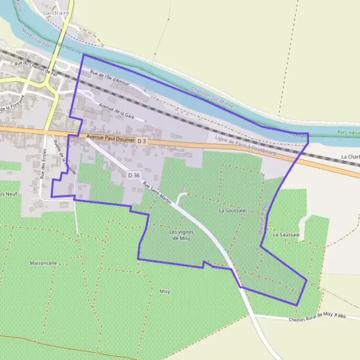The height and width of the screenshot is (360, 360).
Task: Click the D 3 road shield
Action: pyautogui.click(x=142, y=140)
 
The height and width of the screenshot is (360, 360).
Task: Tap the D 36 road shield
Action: pyautogui.click(x=134, y=175)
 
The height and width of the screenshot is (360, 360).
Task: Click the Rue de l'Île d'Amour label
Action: pyautogui.click(x=110, y=79)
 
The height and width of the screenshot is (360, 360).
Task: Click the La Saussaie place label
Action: pyautogui.click(x=232, y=211)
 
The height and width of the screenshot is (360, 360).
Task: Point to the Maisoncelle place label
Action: pyautogui.click(x=43, y=263)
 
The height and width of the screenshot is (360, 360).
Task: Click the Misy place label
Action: pyautogui.click(x=164, y=291)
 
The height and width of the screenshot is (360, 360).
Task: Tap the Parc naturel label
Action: pyautogui.click(x=348, y=132)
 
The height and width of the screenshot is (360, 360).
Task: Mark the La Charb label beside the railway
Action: pyautogui.click(x=350, y=157)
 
